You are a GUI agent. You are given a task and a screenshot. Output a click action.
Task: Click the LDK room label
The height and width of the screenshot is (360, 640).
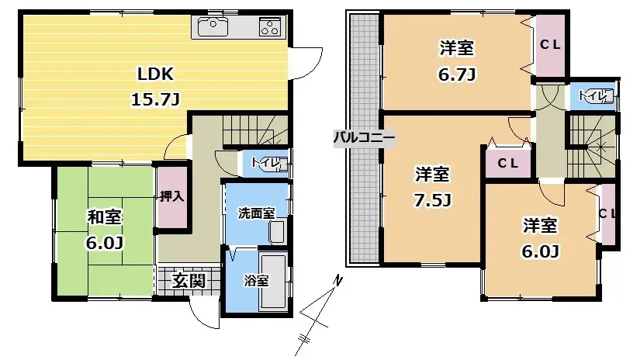tap(155, 74)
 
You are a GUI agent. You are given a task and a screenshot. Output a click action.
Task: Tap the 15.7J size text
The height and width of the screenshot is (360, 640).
tap(155, 99)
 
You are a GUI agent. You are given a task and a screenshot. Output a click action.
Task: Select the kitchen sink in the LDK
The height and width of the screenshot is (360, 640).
tap(213, 27)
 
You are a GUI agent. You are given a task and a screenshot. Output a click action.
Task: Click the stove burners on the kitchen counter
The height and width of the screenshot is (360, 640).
tap(270, 27)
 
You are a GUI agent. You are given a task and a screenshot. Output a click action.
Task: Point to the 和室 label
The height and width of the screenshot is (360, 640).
tap(105, 217)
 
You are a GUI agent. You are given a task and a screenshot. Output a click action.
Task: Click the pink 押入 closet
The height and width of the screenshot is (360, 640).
tap(172, 197)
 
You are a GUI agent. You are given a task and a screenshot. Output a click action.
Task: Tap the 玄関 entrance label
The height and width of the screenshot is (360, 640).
tap(188, 281)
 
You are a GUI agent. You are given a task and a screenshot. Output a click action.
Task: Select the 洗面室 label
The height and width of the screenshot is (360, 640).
tap(256, 213)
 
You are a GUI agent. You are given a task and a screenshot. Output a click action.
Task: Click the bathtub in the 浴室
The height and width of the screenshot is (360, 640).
tap(274, 282)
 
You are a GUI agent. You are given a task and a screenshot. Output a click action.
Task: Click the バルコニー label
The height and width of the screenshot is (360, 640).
tap(364, 137)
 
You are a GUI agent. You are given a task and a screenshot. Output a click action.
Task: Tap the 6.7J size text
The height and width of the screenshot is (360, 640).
tap(457, 74)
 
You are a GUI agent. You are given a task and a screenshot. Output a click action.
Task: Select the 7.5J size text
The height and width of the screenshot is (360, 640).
tap(432, 200)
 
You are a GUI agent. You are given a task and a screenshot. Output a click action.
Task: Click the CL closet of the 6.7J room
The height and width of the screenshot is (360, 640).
tap(550, 45)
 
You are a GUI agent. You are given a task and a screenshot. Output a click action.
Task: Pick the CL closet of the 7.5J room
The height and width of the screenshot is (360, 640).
tap(508, 163)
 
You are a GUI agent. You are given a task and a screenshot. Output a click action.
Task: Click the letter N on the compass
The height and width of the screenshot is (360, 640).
tap(337, 280)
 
